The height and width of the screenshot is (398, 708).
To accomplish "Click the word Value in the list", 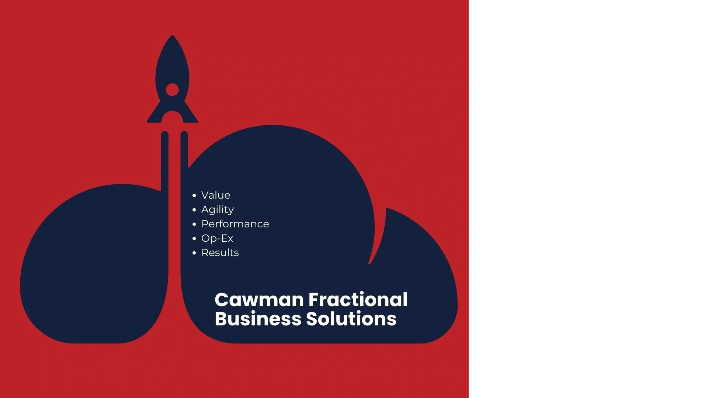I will (216, 195).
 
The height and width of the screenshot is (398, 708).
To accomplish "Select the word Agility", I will (217, 210).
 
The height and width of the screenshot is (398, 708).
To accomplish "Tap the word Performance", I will (235, 224).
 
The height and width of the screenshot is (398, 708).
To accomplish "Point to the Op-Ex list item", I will (217, 238).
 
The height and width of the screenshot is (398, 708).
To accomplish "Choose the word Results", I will (220, 253).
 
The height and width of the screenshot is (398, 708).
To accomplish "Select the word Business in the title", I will (258, 319).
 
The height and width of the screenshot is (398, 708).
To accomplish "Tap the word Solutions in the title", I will (351, 319).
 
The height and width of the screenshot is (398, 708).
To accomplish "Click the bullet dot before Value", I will (194, 195).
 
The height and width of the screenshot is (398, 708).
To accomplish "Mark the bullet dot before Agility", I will (194, 210).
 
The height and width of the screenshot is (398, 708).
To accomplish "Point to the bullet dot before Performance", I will (194, 224).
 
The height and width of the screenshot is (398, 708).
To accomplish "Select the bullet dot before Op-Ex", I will (194, 238).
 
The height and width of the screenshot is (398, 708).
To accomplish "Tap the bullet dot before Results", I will (194, 253).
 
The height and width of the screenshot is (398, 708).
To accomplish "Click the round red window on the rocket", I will (172, 90).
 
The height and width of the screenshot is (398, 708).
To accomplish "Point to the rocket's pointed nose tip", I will (172, 37).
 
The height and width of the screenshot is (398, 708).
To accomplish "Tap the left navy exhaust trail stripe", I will (165, 158).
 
